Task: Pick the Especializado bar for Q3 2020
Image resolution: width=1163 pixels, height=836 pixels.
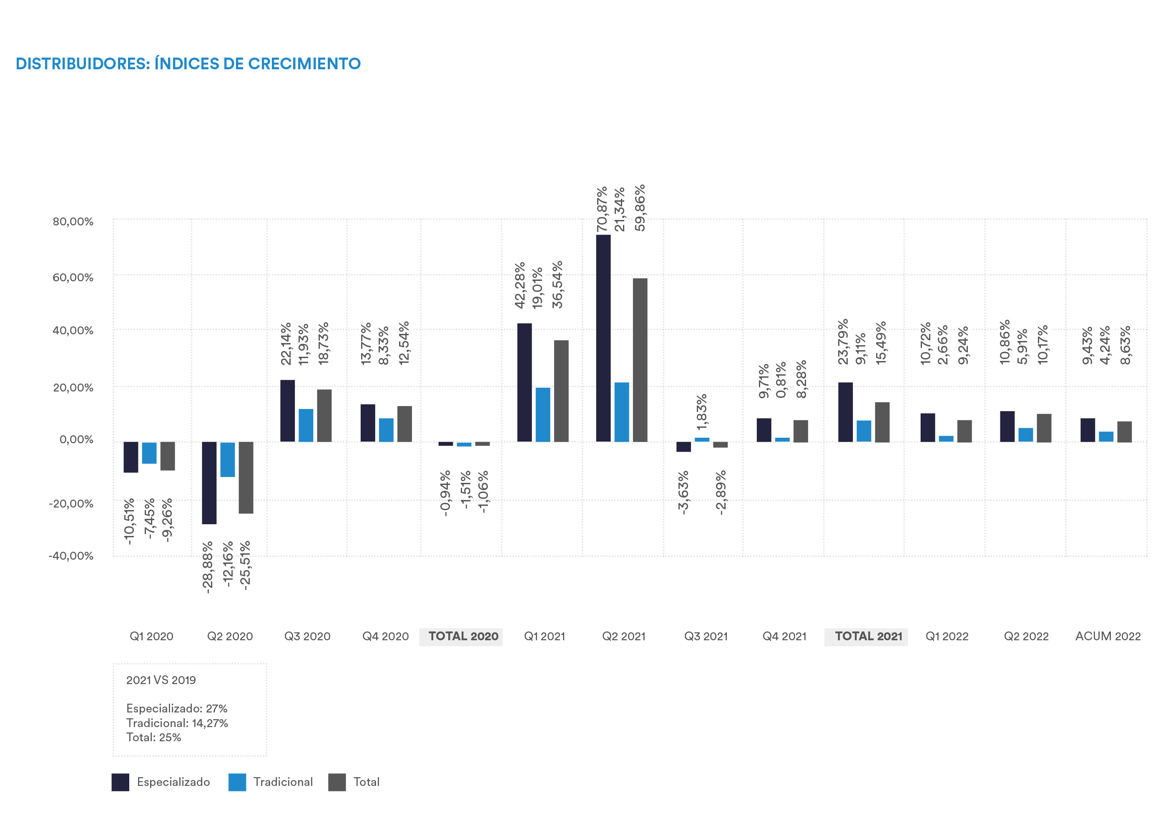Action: [x=288, y=411]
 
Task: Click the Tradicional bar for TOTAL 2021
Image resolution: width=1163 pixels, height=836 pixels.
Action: [x=864, y=431]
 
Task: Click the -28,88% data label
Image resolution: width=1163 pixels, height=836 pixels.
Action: [x=208, y=567]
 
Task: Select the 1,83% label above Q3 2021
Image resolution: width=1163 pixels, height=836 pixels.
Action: [x=702, y=412]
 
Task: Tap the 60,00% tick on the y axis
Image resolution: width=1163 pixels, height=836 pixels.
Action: [x=73, y=278]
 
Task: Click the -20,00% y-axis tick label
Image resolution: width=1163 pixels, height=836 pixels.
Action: [x=71, y=503]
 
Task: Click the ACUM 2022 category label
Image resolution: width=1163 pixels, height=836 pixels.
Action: [x=1108, y=636]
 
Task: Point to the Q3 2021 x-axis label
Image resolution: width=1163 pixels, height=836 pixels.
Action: [x=706, y=636]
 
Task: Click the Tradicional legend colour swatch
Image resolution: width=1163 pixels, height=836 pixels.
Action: [x=237, y=782]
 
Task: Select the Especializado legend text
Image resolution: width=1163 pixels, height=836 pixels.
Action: [x=173, y=782]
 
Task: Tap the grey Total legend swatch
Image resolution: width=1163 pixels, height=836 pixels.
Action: [x=337, y=782]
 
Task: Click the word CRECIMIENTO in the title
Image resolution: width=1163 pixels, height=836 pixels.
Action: [x=304, y=63]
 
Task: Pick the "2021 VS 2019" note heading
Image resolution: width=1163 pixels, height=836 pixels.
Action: [x=161, y=680]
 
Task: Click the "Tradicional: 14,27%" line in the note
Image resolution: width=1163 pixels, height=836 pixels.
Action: [x=177, y=723]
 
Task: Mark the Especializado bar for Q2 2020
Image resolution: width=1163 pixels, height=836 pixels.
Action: [x=209, y=482]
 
